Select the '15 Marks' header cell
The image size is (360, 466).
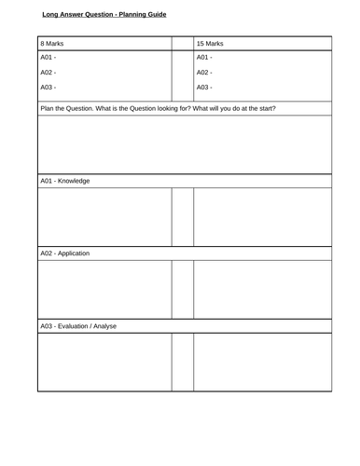pos(210,44)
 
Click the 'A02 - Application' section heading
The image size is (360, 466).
pos(65,254)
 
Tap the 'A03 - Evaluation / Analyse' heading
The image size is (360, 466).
pos(78,326)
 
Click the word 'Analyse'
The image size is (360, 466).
pos(106,326)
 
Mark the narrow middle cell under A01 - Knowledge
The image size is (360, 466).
pos(183,216)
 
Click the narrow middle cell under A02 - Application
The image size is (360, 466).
pos(183,289)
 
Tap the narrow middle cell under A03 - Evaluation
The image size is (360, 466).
pos(183,362)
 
